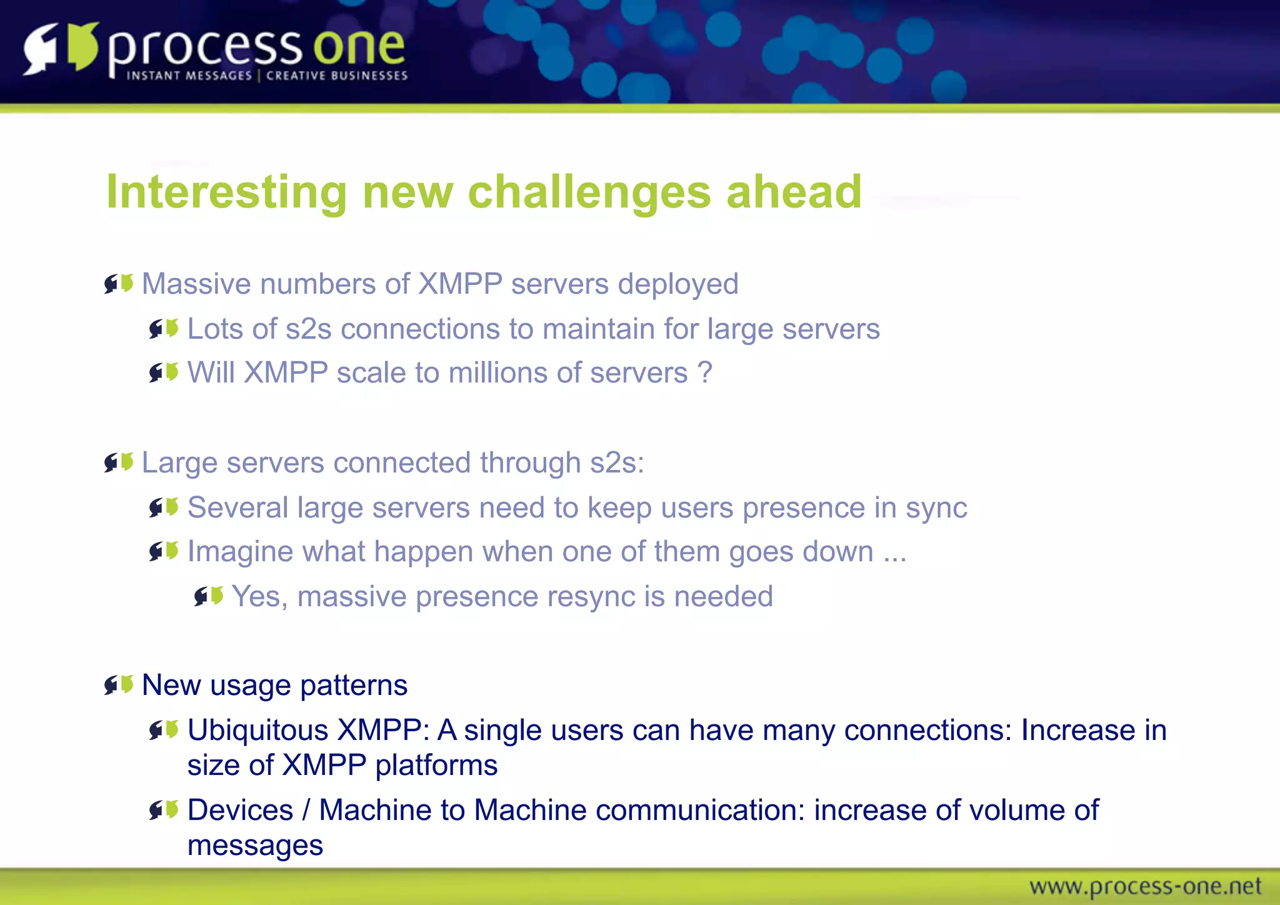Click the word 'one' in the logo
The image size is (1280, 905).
pyautogui.click(x=359, y=47)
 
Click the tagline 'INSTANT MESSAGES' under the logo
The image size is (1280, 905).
pyautogui.click(x=189, y=76)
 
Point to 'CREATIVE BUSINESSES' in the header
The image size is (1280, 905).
pyautogui.click(x=337, y=76)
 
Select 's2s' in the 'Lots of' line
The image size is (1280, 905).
pyautogui.click(x=308, y=329)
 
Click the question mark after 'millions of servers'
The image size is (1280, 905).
pyautogui.click(x=704, y=372)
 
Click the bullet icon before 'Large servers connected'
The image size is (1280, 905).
pyautogui.click(x=119, y=462)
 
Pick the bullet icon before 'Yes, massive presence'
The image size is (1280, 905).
pyautogui.click(x=209, y=596)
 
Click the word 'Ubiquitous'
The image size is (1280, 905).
pyautogui.click(x=257, y=730)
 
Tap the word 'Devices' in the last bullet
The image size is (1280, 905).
pyautogui.click(x=240, y=810)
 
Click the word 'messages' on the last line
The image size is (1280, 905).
pyautogui.click(x=255, y=846)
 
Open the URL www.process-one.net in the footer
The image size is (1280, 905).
pyautogui.click(x=1145, y=886)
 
